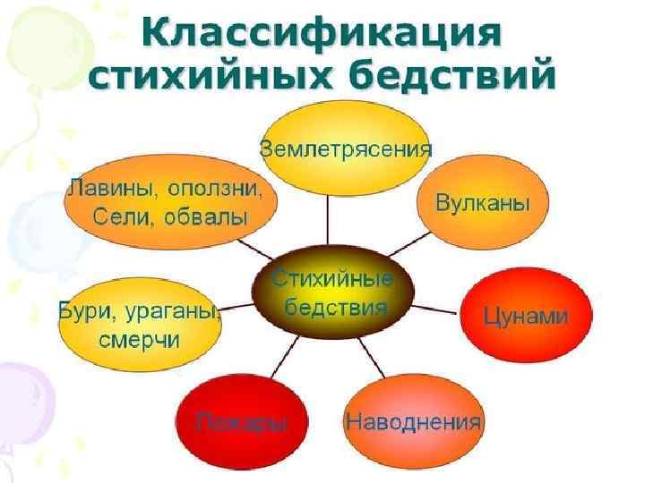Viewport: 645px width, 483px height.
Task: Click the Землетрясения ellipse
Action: point(346,148)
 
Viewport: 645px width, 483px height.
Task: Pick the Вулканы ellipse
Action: point(482,203)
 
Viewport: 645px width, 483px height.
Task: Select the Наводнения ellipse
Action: point(413,420)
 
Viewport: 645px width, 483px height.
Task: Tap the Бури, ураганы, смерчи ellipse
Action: point(140,326)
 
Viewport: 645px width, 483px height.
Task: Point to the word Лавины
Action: point(106,190)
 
